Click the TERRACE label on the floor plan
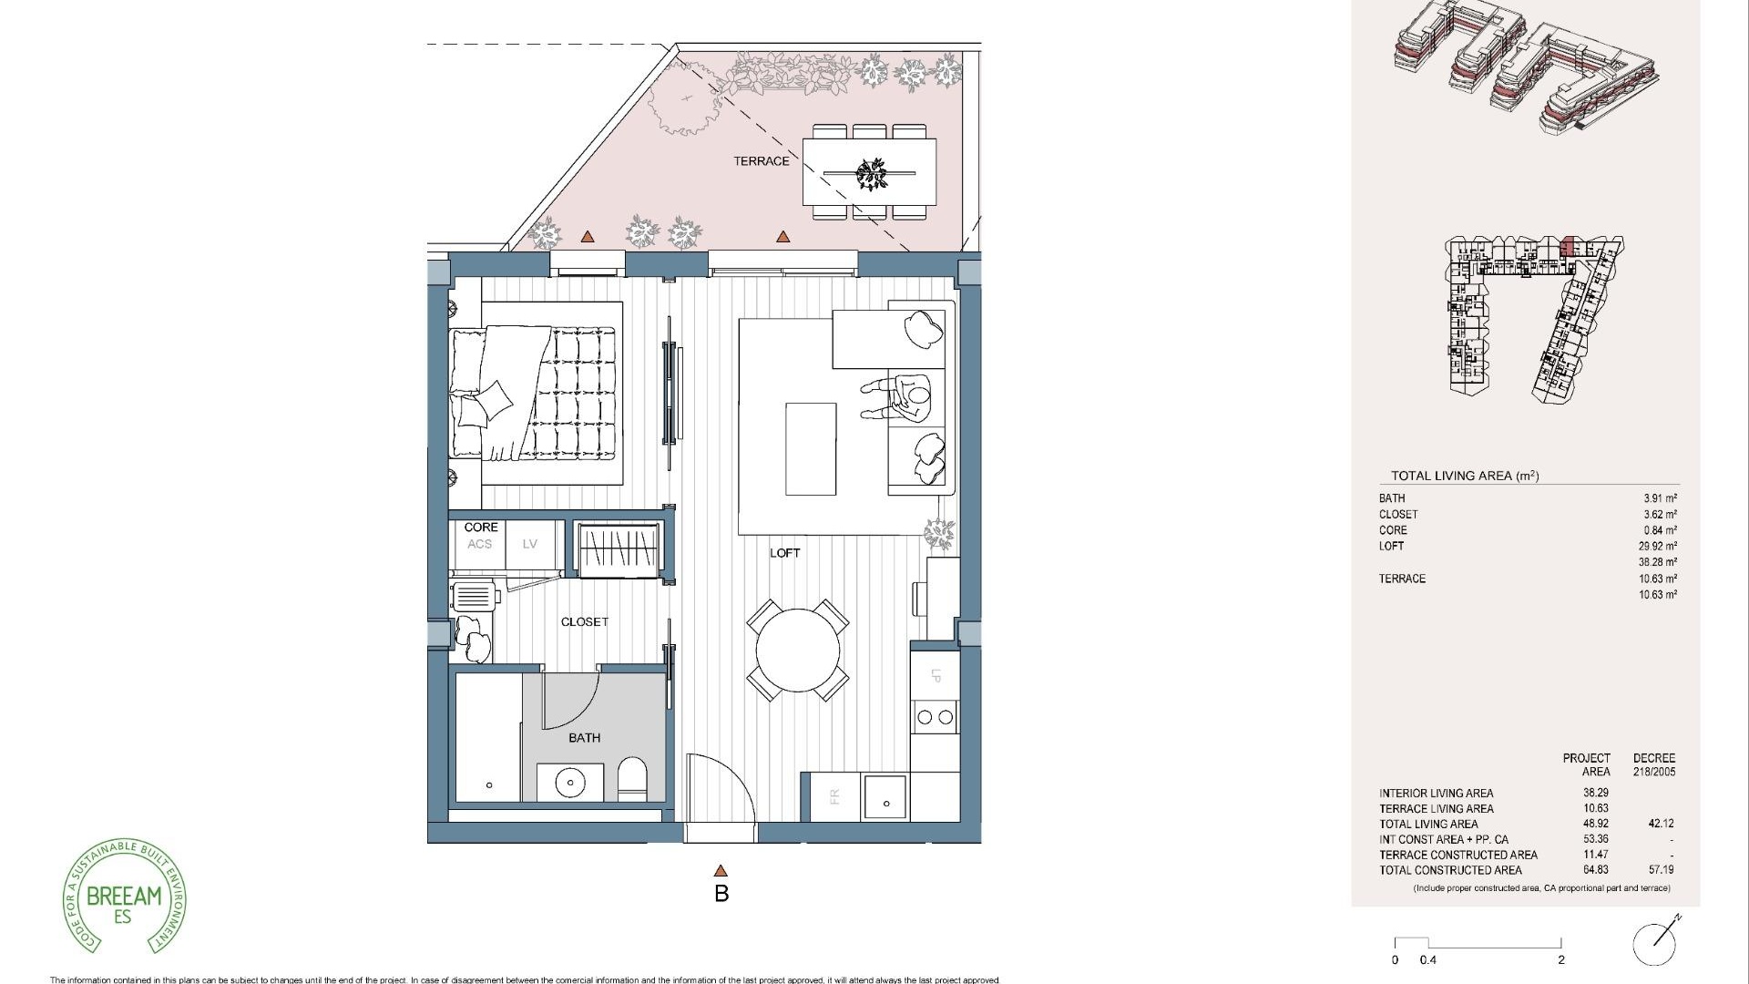click(x=762, y=161)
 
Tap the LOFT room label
click(x=784, y=553)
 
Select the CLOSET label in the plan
click(x=584, y=622)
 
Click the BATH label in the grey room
click(x=584, y=738)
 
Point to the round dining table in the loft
click(x=797, y=651)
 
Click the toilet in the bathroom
click(x=631, y=780)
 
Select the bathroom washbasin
click(x=569, y=782)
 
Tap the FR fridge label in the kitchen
click(x=834, y=797)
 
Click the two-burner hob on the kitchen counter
click(x=935, y=717)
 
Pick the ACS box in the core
click(x=479, y=544)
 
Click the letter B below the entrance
click(x=721, y=894)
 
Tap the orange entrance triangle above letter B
click(x=721, y=871)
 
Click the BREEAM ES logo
click(x=124, y=897)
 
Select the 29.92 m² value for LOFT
click(x=1657, y=547)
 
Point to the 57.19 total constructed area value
click(x=1660, y=870)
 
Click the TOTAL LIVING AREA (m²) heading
click(x=1464, y=476)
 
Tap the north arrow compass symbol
click(x=1655, y=943)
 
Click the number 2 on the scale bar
click(x=1560, y=959)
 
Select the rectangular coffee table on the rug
click(x=811, y=449)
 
